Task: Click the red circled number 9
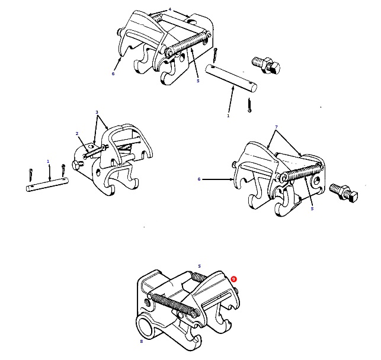pos(234,279)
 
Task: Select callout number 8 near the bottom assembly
pos(141,341)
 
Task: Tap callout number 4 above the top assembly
pos(169,9)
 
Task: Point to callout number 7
pos(276,127)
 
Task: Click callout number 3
pos(97,112)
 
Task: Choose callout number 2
pos(76,134)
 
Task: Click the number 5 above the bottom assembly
pos(199,266)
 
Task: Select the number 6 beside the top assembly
pos(113,74)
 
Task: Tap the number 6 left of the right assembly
pos(199,178)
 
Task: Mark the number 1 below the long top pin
pos(228,116)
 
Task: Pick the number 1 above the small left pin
pos(48,161)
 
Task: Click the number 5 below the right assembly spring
pos(312,208)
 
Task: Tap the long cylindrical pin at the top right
pos(232,79)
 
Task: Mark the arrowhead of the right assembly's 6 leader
pos(234,178)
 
